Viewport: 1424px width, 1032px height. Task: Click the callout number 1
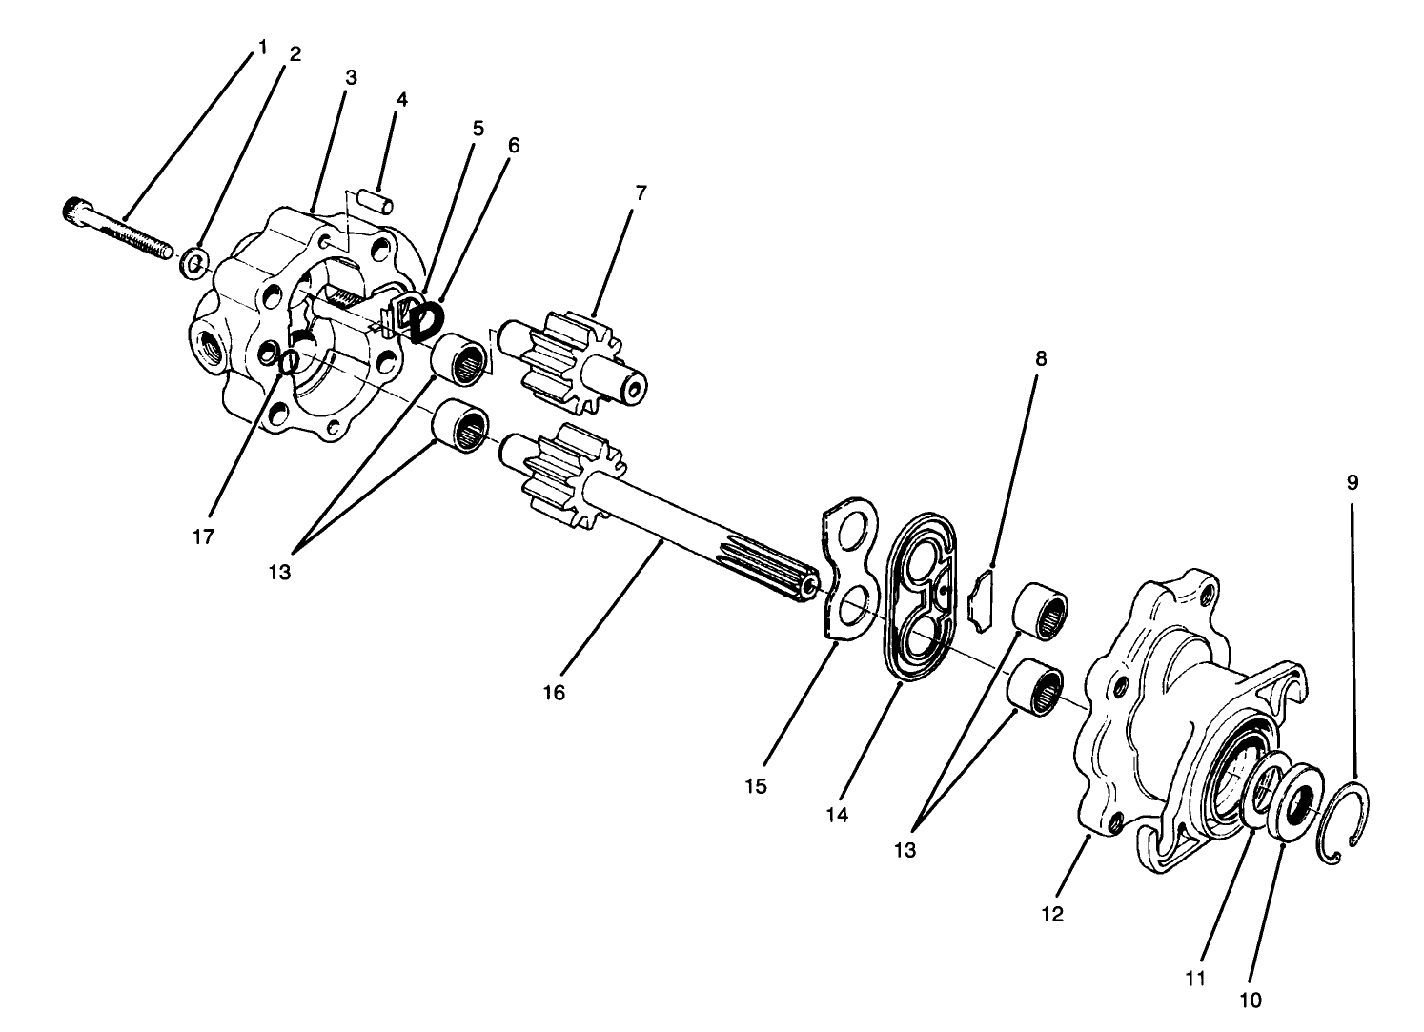point(261,44)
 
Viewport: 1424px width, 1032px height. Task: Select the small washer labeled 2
point(193,261)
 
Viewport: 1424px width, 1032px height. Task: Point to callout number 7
point(641,192)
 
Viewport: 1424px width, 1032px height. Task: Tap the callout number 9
point(1352,482)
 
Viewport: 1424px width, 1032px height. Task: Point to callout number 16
point(554,693)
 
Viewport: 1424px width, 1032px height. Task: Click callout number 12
point(1051,914)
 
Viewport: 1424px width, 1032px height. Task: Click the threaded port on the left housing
point(211,351)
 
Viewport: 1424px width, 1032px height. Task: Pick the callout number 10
point(1250,1000)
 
